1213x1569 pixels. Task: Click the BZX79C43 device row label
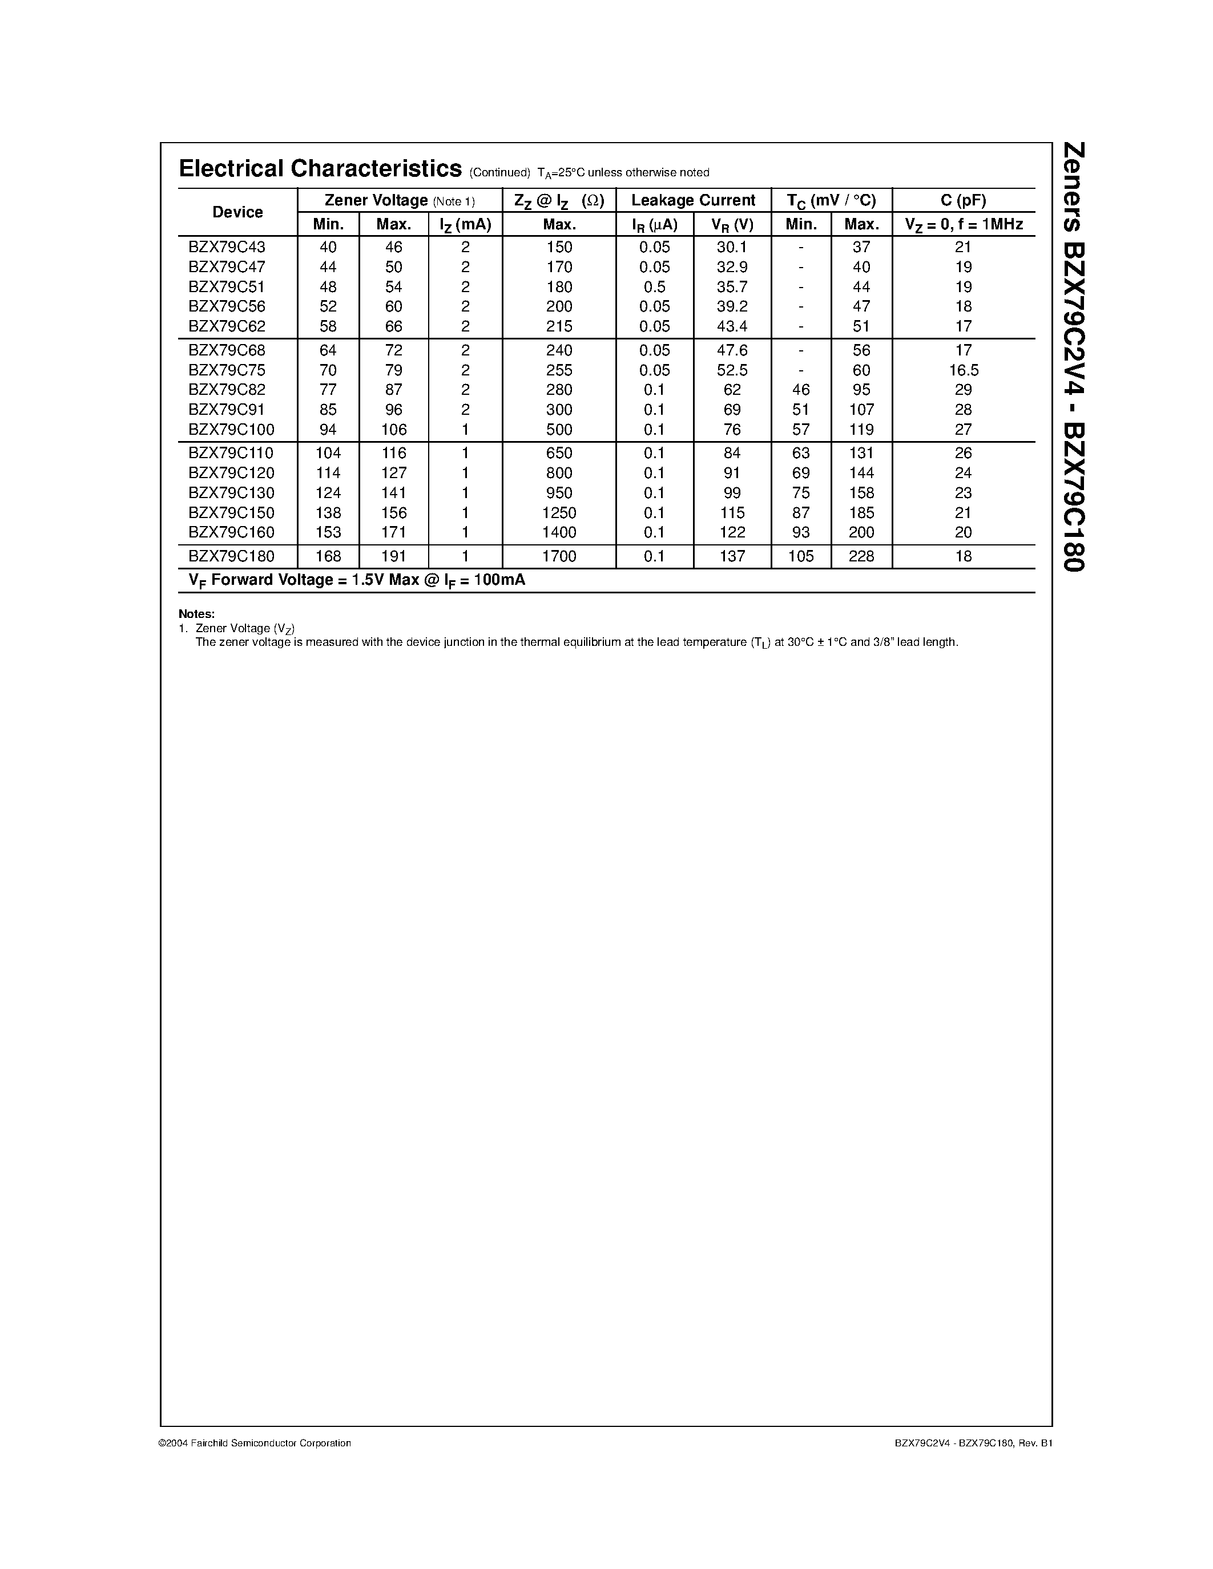coord(227,247)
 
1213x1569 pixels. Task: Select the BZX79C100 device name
coord(231,430)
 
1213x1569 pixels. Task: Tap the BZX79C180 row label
coord(231,556)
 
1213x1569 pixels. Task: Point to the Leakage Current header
coord(693,200)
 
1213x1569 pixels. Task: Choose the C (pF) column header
coord(963,200)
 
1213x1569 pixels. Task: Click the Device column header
coord(237,212)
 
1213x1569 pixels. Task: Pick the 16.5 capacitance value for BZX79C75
coord(963,370)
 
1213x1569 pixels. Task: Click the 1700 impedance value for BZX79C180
coord(559,556)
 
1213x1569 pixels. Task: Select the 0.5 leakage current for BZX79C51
coord(654,286)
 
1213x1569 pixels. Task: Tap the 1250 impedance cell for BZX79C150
coord(559,513)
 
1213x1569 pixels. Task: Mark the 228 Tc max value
coord(861,556)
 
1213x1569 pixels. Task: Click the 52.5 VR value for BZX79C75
coord(732,370)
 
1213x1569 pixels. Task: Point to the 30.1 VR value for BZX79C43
coord(732,247)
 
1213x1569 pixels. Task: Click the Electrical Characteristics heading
coord(320,169)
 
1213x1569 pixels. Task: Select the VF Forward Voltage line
coord(356,580)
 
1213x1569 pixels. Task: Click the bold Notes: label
coord(196,614)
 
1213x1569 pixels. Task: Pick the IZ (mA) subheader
coord(465,225)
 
